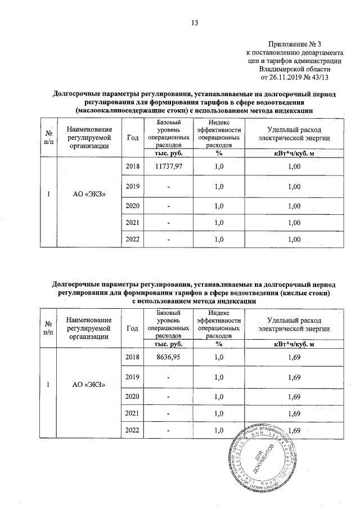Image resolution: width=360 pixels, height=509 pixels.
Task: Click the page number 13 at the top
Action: click(195, 23)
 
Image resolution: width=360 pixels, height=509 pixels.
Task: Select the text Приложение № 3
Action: click(294, 44)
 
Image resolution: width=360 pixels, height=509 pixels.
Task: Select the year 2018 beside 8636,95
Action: click(132, 357)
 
